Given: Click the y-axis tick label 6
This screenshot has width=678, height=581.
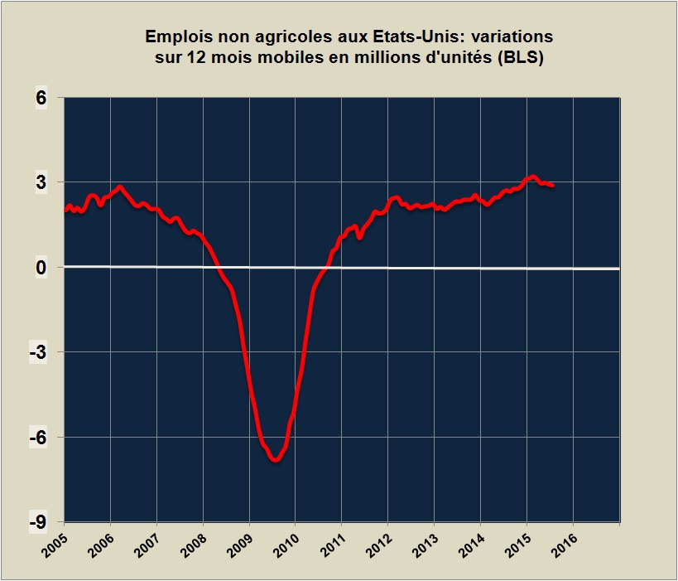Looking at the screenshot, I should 41,98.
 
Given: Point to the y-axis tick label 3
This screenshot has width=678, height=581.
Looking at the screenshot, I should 41,182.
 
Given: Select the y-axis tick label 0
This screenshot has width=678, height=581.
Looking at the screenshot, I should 41,267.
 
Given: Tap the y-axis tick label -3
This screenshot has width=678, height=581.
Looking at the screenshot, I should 37,352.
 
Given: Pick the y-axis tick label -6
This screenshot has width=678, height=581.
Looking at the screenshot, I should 37,437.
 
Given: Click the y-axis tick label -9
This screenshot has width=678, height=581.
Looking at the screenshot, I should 37,522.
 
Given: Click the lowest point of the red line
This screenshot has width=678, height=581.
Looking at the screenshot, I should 275,459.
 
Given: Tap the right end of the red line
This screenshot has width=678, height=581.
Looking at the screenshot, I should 553,186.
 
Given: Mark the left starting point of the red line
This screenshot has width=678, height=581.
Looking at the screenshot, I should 65,210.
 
